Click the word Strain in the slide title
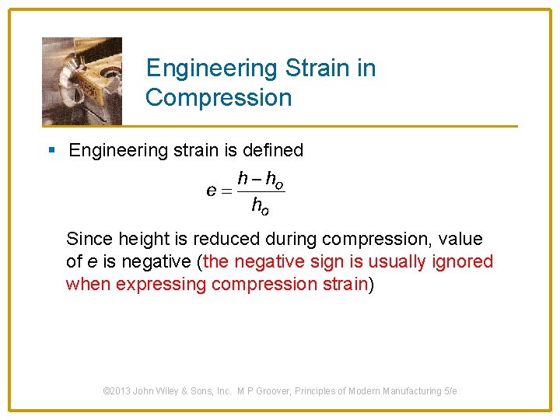tap(317, 68)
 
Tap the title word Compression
tap(219, 98)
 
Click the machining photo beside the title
tap(82, 81)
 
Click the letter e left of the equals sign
tap(211, 191)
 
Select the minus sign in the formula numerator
tap(256, 180)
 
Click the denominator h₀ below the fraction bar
tap(261, 205)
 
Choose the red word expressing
tap(162, 284)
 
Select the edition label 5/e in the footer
tap(450, 391)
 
